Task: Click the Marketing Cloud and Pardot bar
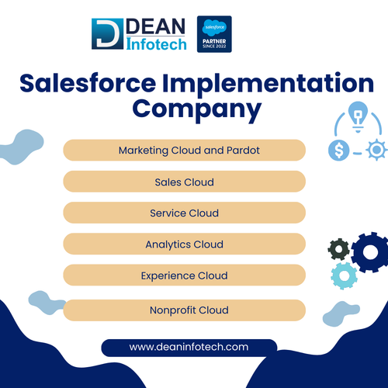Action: (x=184, y=150)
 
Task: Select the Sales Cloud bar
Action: (x=184, y=182)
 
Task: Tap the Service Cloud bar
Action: (x=184, y=213)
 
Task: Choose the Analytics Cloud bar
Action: (x=184, y=244)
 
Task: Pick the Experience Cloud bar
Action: (x=184, y=275)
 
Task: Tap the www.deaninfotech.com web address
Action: (x=189, y=347)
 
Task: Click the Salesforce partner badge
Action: (x=215, y=34)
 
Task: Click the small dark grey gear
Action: (x=339, y=250)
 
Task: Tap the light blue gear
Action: (x=344, y=275)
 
